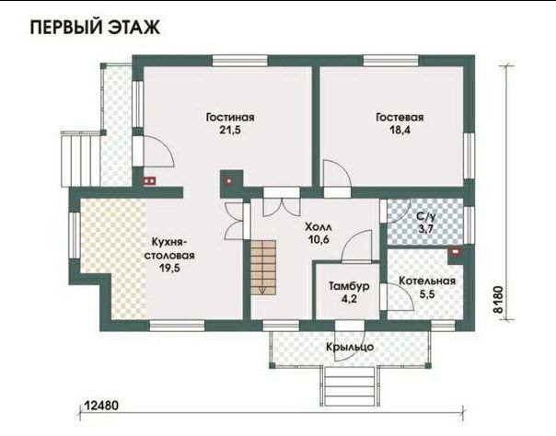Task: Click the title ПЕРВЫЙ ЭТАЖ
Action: [x=95, y=28]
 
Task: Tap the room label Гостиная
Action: [x=230, y=117]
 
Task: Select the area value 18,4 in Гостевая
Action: [x=400, y=130]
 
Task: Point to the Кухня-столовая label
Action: [x=169, y=249]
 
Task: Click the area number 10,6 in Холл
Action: [x=319, y=240]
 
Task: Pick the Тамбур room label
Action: [x=349, y=286]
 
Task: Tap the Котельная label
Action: [x=427, y=281]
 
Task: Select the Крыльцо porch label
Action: [x=350, y=347]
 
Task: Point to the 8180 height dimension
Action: [x=498, y=299]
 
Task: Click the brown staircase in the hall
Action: [x=263, y=268]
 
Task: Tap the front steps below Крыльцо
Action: [x=350, y=386]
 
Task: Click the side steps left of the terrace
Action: [x=81, y=159]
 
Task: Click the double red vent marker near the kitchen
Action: [x=149, y=181]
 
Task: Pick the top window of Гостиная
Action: [x=240, y=61]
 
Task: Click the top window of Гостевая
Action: [x=390, y=61]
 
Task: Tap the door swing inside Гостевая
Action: [x=337, y=173]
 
